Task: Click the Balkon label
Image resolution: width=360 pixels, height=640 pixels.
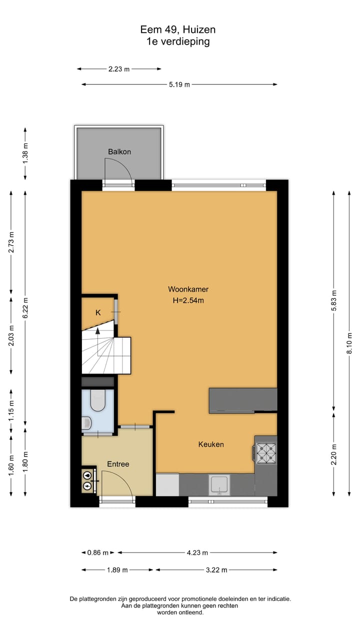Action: point(119,151)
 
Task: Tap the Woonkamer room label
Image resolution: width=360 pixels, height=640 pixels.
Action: point(188,289)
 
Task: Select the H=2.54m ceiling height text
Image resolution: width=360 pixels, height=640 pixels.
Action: point(188,300)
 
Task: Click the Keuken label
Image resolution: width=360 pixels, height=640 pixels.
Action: point(211,444)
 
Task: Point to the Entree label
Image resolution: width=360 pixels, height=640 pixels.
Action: point(118,464)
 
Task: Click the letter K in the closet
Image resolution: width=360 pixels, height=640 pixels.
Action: point(98,312)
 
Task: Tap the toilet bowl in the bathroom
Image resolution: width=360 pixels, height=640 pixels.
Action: point(98,401)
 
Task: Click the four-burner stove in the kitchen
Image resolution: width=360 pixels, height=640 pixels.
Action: point(266,452)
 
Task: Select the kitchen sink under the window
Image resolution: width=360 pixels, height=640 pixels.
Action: point(219,485)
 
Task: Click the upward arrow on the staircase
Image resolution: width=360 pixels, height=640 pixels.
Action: point(98,330)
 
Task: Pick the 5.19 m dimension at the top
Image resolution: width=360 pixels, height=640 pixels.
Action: point(179,84)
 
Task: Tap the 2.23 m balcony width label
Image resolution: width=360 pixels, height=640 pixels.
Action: point(119,69)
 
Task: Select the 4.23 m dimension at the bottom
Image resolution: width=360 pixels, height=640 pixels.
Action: point(197,552)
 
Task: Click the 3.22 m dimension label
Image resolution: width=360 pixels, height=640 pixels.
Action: point(216,570)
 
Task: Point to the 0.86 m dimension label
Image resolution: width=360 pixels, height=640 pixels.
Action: point(97,552)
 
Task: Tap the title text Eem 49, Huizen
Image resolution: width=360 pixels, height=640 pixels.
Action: point(178,30)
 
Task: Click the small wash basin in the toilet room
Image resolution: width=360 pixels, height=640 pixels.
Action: point(86,423)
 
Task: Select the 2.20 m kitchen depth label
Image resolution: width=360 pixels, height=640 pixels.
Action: point(334,454)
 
